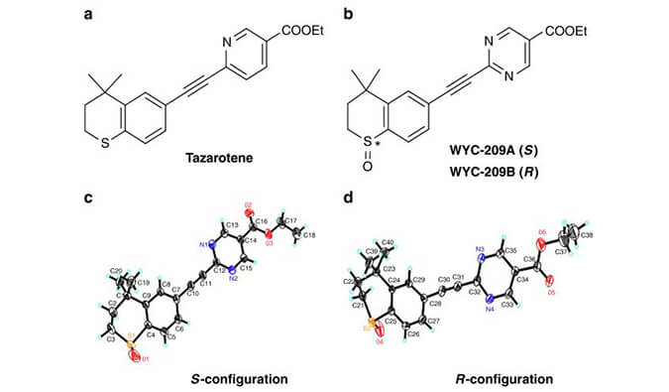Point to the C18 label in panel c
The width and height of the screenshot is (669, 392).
(309, 235)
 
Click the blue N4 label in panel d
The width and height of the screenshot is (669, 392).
(489, 310)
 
